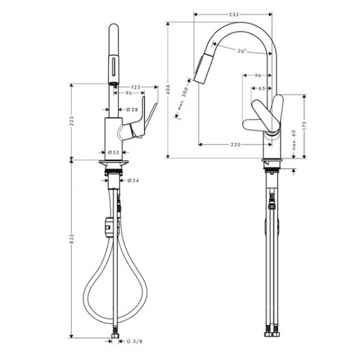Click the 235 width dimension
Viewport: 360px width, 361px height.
tap(234, 13)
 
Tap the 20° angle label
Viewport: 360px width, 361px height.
tap(241, 51)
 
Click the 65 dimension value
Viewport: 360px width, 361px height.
tap(261, 88)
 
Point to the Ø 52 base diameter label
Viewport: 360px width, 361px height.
tap(114, 153)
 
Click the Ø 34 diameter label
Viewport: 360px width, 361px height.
tap(134, 179)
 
